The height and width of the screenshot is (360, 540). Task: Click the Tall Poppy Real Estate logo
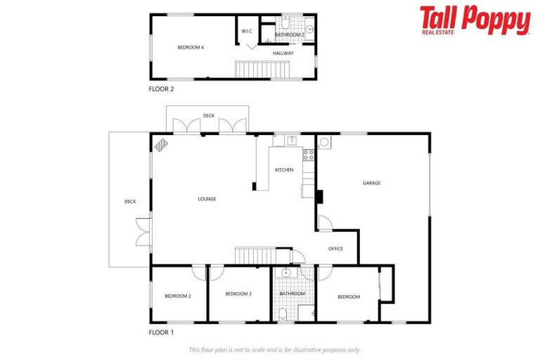click(475, 20)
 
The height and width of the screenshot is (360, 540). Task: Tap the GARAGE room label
click(371, 183)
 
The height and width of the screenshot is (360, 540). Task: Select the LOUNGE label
click(207, 199)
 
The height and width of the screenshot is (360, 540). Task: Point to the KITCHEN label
click(284, 170)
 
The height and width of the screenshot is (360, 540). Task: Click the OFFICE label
click(335, 248)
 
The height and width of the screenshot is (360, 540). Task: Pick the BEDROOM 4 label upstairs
click(191, 47)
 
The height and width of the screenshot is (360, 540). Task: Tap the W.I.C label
click(246, 31)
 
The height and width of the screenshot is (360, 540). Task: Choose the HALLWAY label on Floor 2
click(283, 53)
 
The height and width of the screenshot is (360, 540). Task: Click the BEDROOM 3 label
click(238, 294)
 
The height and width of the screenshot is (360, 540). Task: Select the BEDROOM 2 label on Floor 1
click(178, 296)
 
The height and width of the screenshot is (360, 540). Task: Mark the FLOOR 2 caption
click(161, 89)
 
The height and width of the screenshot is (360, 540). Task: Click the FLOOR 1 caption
click(161, 332)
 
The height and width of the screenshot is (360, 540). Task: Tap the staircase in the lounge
click(253, 255)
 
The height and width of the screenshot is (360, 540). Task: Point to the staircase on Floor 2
click(262, 70)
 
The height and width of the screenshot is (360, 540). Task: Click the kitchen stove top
click(308, 155)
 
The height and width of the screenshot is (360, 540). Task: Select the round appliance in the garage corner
click(324, 142)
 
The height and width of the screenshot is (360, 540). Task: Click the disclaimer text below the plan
click(275, 349)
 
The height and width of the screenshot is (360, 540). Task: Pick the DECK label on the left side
click(130, 202)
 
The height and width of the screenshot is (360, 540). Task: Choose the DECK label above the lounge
click(208, 115)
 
